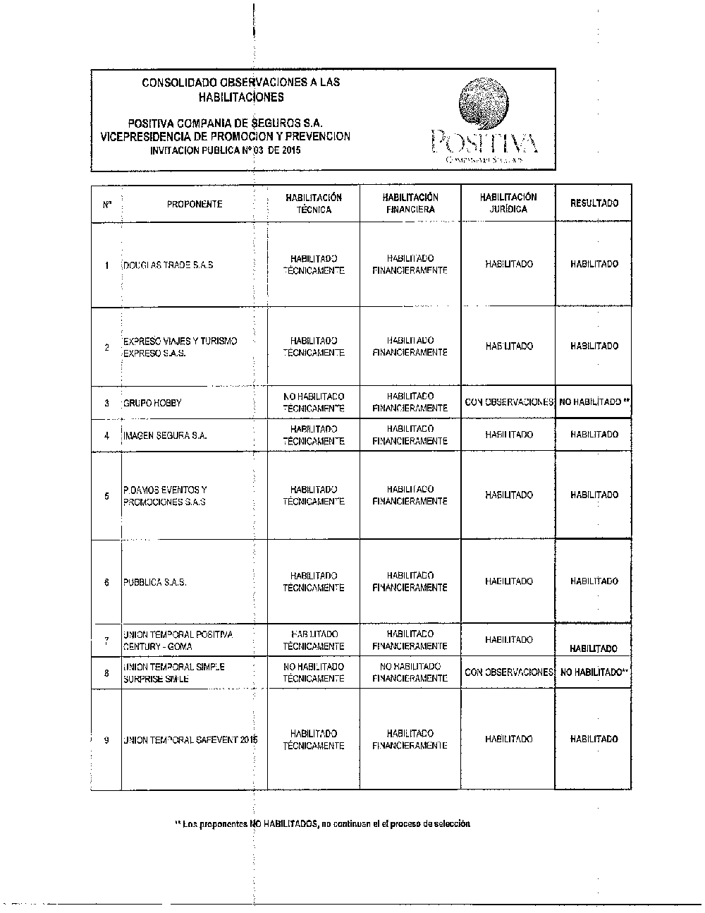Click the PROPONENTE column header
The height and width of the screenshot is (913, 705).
[x=195, y=204]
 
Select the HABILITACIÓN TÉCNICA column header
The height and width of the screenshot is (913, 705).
[x=314, y=204]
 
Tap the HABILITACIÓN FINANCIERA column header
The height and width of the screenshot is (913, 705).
[x=410, y=203]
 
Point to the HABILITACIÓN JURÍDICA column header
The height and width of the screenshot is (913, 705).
[x=508, y=203]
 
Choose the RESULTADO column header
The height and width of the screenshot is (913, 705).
[x=594, y=203]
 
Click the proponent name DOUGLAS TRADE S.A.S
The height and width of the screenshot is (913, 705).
[x=168, y=265]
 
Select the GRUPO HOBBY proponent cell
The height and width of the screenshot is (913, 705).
[x=152, y=403]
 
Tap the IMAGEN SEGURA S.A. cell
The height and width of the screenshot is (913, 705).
[x=165, y=436]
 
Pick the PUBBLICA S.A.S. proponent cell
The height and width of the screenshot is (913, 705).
[x=155, y=583]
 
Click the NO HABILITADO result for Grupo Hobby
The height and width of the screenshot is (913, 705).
[x=594, y=402]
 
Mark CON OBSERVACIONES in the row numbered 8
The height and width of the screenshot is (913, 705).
[x=509, y=672]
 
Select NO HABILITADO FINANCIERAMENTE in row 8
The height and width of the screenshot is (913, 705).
[x=410, y=672]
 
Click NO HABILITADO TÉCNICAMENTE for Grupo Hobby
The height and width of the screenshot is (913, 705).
[x=314, y=402]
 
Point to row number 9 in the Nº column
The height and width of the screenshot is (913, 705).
[x=106, y=740]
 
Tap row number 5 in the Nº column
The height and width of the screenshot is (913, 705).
[x=106, y=496]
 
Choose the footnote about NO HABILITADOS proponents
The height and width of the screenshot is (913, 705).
[x=322, y=823]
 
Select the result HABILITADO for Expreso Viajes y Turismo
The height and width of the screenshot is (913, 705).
[x=594, y=346]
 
